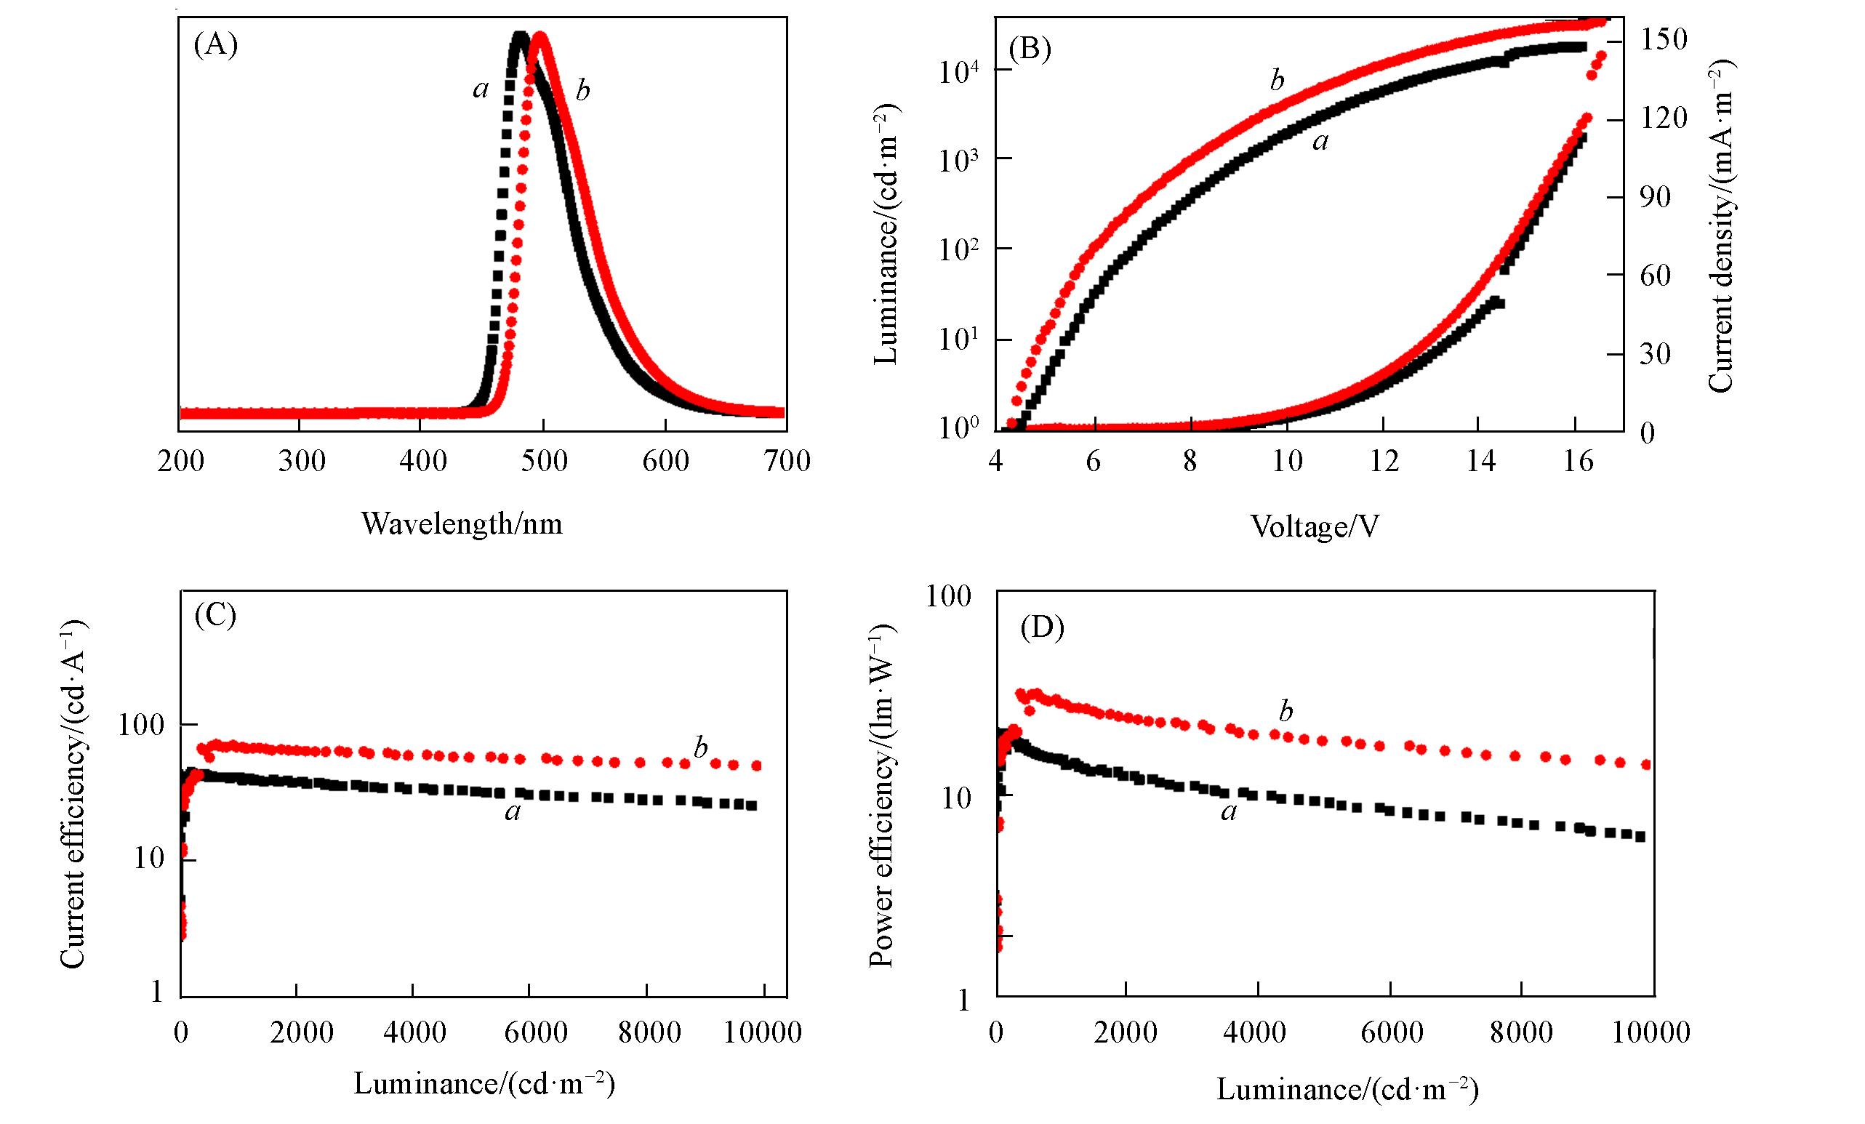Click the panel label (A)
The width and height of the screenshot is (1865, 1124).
(216, 45)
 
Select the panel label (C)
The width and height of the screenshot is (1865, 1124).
(216, 615)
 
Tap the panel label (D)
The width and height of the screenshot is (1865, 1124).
(1042, 628)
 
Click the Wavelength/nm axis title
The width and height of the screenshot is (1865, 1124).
(462, 523)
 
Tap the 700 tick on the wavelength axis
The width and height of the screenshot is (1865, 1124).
(787, 460)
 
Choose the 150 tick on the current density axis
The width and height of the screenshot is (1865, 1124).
(1662, 39)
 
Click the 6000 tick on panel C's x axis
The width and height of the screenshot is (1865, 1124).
(529, 1032)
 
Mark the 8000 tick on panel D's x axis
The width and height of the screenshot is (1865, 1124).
(1522, 1032)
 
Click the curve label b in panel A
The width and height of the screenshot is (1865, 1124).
(582, 91)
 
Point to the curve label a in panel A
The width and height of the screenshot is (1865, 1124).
(480, 89)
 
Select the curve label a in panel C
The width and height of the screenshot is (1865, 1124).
(513, 813)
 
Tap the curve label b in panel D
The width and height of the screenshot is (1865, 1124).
(1286, 712)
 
